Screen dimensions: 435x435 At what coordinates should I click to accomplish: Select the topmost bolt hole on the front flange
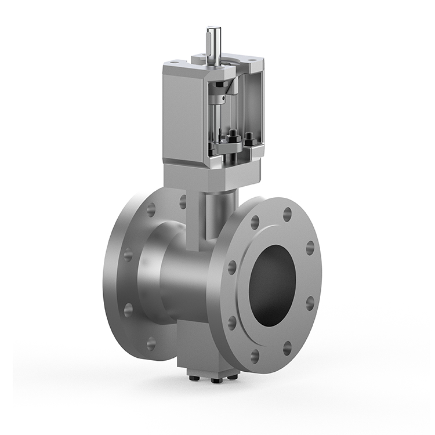pyautogui.click(x=287, y=214)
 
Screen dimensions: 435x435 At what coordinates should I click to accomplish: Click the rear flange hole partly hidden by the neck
pyautogui.click(x=183, y=201)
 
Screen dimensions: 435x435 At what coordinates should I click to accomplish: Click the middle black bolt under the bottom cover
pyautogui.click(x=216, y=380)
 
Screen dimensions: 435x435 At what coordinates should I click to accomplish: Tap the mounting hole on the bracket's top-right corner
pyautogui.click(x=253, y=58)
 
